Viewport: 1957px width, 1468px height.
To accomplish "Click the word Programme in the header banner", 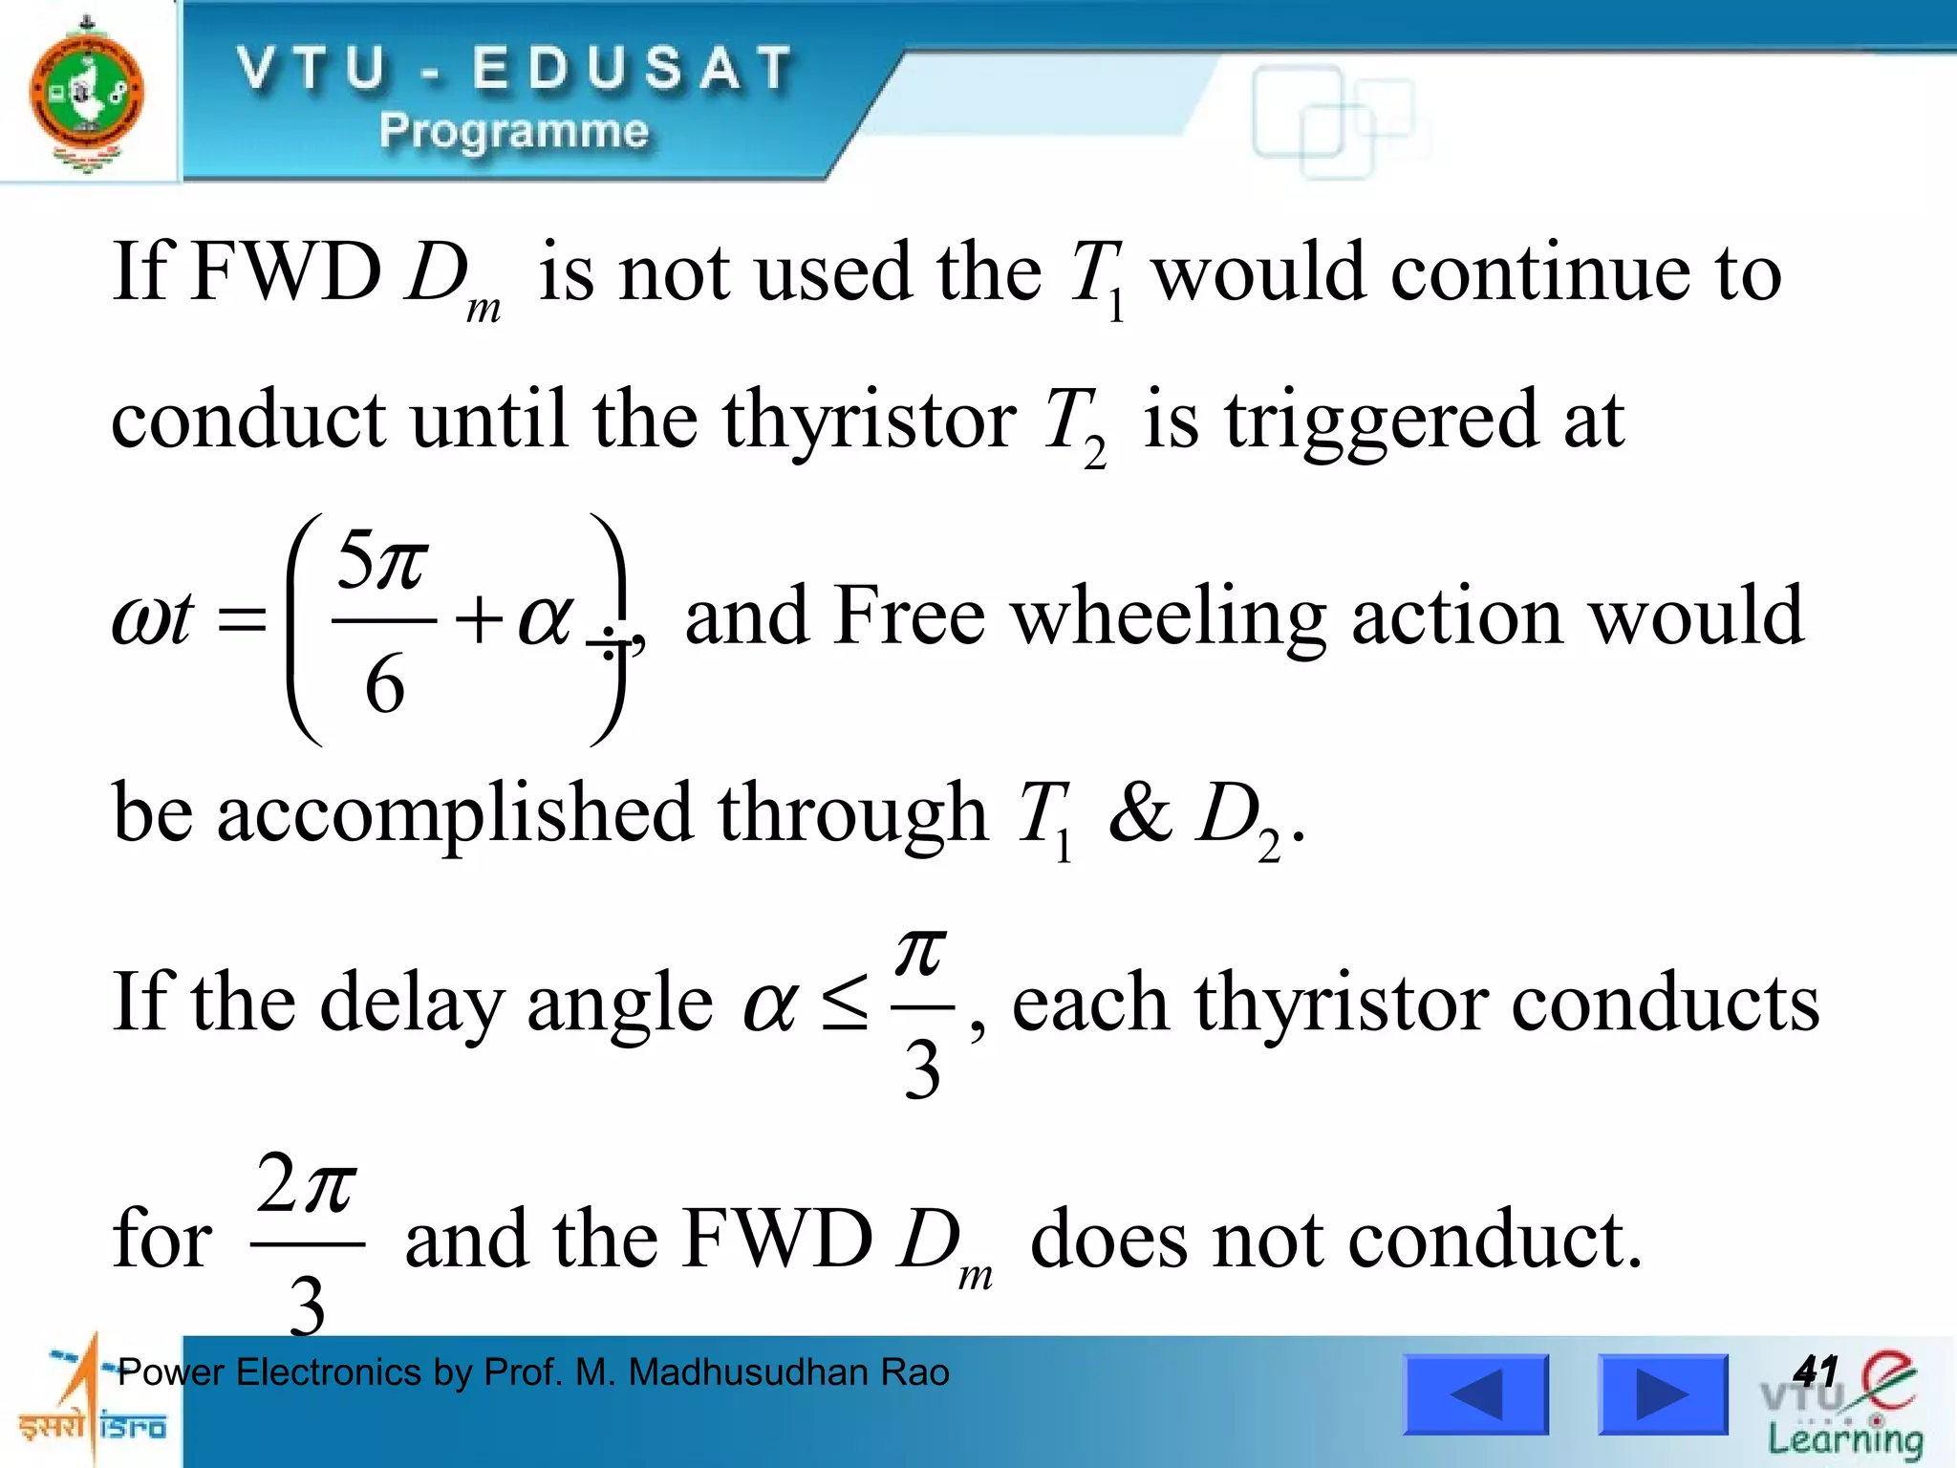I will coord(513,131).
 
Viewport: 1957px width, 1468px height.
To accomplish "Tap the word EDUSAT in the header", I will coord(633,69).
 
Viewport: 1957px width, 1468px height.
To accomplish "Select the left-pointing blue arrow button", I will coord(1475,1394).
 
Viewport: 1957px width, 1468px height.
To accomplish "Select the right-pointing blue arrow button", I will coord(1663,1394).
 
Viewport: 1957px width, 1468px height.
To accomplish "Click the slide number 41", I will coord(1815,1371).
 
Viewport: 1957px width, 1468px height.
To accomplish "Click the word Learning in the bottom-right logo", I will coord(1844,1439).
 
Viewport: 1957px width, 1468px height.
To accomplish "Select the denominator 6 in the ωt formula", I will coord(384,684).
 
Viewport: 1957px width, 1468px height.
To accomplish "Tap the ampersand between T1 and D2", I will coord(1139,813).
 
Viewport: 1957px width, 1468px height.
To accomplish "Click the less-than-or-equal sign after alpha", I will coord(846,1003).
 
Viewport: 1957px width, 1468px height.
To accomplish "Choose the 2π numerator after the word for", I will coord(307,1185).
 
